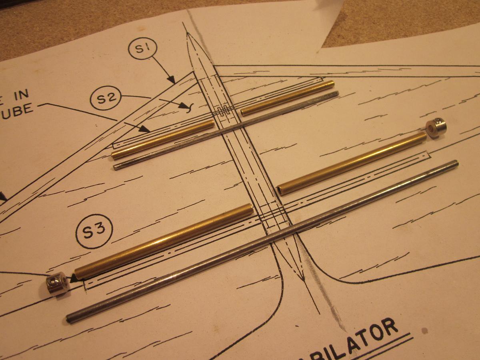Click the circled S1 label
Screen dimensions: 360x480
click(142, 49)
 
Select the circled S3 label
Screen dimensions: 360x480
click(94, 231)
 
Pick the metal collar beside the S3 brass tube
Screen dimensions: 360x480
click(57, 284)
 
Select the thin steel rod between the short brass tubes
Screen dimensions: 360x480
click(226, 130)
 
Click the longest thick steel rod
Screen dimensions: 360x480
click(262, 241)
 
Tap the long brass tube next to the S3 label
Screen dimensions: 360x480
click(164, 242)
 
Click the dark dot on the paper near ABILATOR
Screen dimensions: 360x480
click(425, 331)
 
